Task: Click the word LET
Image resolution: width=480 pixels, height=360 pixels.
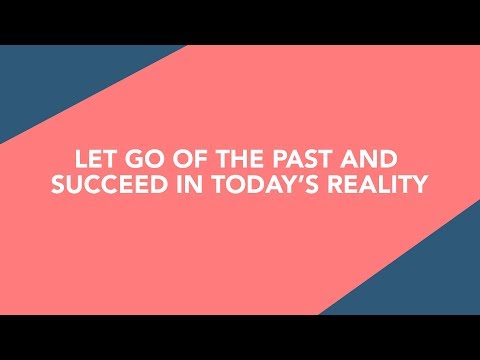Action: pos(96,160)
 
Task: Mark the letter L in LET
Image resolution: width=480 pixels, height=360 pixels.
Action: pos(82,160)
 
